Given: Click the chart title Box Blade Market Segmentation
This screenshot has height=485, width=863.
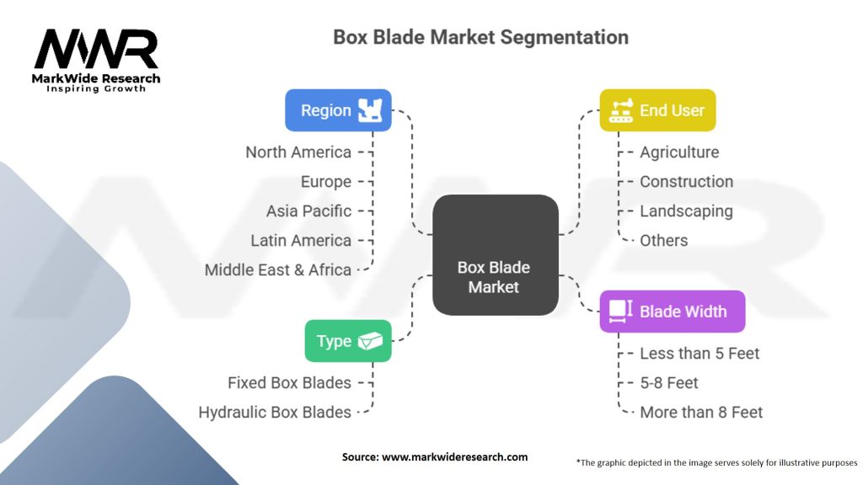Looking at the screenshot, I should [x=480, y=38].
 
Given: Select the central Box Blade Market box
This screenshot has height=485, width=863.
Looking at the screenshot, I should [x=495, y=255].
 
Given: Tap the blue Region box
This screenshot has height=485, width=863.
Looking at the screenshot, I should [x=337, y=110].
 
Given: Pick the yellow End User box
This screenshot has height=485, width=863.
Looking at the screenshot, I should [x=657, y=110].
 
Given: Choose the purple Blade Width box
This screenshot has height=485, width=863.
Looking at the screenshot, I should [x=672, y=312].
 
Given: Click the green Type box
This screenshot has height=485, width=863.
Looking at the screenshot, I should [x=348, y=341].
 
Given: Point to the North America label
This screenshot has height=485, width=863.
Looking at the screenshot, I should [x=298, y=152].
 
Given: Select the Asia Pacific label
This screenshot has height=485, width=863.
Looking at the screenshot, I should [x=308, y=211].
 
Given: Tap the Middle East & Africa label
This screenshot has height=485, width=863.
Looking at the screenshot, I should [x=278, y=270].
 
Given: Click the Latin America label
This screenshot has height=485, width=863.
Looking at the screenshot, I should [x=301, y=241].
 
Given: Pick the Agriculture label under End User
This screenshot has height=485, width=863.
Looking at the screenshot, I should [x=679, y=152].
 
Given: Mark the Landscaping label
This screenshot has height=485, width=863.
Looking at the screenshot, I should [x=686, y=211].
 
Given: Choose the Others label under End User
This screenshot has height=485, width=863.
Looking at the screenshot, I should [x=663, y=241].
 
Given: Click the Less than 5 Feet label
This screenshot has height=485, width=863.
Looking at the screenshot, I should [x=700, y=354].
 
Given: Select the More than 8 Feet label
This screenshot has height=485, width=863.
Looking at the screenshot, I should [x=701, y=413].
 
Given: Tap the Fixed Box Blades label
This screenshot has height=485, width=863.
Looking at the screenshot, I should [x=289, y=383].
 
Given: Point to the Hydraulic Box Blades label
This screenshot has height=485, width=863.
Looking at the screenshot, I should [x=275, y=413].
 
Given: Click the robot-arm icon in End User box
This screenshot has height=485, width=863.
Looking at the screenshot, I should [x=621, y=110].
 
